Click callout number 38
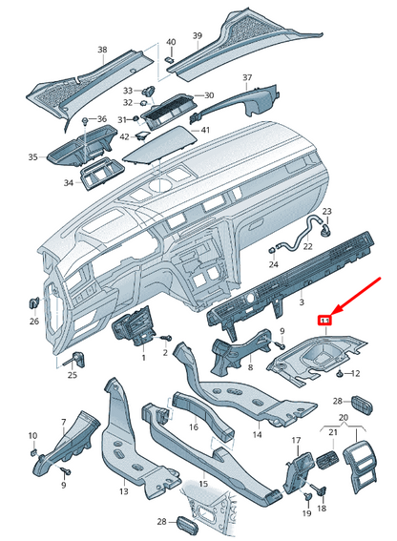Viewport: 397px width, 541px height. pos(101,49)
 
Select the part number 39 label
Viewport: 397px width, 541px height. pos(198,36)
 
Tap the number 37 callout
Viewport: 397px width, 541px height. pos(246,76)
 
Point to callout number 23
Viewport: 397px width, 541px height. pos(325,211)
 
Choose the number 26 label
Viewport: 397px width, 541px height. pos(34,322)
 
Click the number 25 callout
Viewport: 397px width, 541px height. pos(72,376)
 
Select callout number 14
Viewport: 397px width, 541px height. pos(256,434)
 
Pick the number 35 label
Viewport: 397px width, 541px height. pos(32,156)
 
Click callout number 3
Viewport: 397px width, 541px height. pos(302,302)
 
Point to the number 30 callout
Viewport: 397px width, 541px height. pos(209,95)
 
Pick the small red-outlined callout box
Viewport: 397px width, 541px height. pos(324,320)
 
